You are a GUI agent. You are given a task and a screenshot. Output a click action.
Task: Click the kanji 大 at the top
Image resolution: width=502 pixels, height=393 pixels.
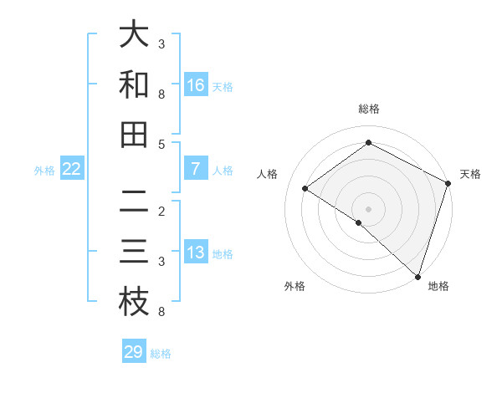pyautogui.click(x=134, y=36)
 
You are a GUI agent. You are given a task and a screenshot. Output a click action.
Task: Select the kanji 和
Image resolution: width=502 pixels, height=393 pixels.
pyautogui.click(x=134, y=85)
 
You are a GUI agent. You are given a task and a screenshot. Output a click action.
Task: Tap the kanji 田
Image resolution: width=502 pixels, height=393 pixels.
pyautogui.click(x=134, y=135)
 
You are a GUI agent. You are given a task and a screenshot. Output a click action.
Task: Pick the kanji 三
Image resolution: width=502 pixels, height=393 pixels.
pyautogui.click(x=134, y=253)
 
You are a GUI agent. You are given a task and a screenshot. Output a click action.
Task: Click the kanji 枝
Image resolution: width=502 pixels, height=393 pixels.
pyautogui.click(x=134, y=303)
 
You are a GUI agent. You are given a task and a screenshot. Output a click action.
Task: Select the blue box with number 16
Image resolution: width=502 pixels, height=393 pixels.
pyautogui.click(x=196, y=84)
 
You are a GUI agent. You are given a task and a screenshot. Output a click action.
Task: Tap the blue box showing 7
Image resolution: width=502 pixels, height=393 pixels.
pyautogui.click(x=196, y=169)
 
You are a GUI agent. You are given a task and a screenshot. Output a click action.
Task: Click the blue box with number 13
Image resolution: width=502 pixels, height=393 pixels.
pyautogui.click(x=196, y=253)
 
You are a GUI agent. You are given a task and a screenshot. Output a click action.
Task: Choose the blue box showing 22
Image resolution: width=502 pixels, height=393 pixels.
pyautogui.click(x=72, y=169)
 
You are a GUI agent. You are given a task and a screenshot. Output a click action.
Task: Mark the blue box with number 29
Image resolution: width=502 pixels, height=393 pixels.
pyautogui.click(x=134, y=352)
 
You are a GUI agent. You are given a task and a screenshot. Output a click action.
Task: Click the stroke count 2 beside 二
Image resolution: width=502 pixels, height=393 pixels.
pyautogui.click(x=161, y=212)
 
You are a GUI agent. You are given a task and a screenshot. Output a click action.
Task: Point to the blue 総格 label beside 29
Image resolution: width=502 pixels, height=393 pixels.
pyautogui.click(x=161, y=354)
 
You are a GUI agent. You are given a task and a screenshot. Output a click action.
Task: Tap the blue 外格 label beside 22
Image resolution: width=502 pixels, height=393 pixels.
pyautogui.click(x=44, y=171)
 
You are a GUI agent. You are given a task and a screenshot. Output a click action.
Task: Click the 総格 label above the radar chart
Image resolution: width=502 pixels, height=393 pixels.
pyautogui.click(x=368, y=109)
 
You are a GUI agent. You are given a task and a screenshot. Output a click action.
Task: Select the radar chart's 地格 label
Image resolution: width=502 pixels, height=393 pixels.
pyautogui.click(x=438, y=286)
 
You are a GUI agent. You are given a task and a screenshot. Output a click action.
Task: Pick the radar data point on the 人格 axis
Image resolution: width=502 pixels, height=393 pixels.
pyautogui.click(x=305, y=189)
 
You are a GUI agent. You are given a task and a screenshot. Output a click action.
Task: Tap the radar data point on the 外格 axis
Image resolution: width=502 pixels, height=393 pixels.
pyautogui.click(x=359, y=222)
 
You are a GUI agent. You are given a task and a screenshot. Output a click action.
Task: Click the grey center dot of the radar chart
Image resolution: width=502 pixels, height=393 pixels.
pyautogui.click(x=368, y=208)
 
